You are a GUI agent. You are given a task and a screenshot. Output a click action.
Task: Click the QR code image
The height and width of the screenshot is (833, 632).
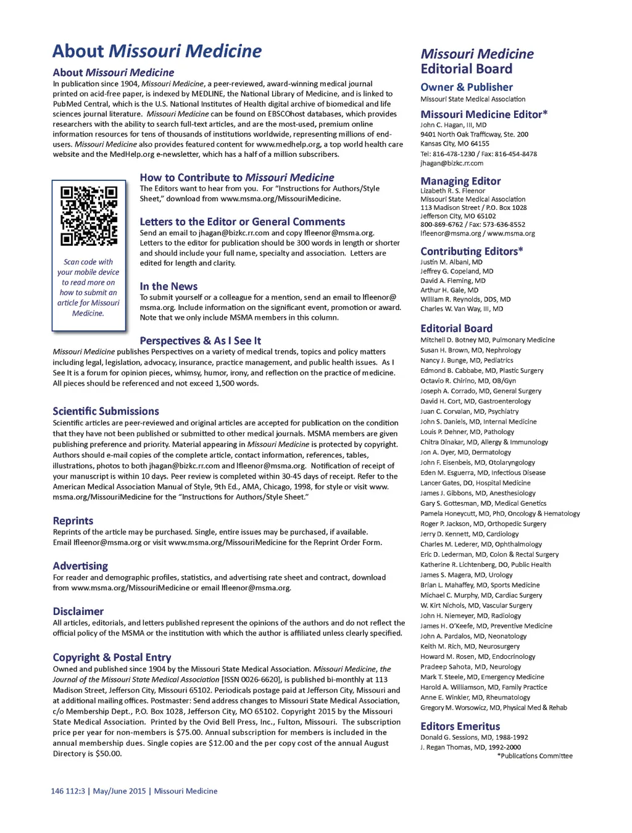coord(89,216)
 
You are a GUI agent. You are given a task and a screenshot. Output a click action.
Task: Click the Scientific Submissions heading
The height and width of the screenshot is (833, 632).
coord(106,411)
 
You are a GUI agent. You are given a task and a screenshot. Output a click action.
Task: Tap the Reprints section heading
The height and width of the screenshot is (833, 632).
coord(73,521)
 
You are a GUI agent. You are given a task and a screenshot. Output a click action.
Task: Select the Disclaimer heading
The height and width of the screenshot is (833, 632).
coord(78,611)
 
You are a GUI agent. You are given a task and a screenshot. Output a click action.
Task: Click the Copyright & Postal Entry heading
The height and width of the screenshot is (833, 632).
coord(112,658)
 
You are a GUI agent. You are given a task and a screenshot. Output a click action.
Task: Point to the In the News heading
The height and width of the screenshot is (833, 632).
coord(168,287)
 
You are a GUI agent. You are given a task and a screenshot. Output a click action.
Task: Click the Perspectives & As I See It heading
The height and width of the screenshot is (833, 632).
coord(200,341)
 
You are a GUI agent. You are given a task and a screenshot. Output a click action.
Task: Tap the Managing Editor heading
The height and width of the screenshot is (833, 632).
coord(460,181)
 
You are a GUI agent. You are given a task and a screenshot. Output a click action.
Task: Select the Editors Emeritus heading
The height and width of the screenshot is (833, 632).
coord(460,726)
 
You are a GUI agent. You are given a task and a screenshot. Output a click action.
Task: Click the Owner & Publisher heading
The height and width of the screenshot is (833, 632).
coord(467,87)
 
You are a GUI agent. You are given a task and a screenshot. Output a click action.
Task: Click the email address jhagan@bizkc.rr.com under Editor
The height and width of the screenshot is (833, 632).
coord(452,164)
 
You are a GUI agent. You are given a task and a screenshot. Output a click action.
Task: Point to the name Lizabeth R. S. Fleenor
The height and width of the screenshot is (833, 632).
coord(452,191)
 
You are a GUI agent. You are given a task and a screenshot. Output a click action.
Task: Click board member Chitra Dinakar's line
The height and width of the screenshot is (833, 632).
coord(484,442)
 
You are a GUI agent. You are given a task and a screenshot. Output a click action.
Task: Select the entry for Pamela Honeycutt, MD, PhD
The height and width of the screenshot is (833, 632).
coord(500,514)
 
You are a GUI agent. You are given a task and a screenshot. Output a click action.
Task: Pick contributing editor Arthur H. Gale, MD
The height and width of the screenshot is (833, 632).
coord(449,290)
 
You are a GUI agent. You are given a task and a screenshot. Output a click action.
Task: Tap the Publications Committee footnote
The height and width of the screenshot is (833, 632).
coord(534,756)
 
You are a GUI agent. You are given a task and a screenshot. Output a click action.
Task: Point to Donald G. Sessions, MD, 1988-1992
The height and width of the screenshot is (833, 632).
coord(474,737)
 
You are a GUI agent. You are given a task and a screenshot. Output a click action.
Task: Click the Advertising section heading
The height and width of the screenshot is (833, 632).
coord(80,566)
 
